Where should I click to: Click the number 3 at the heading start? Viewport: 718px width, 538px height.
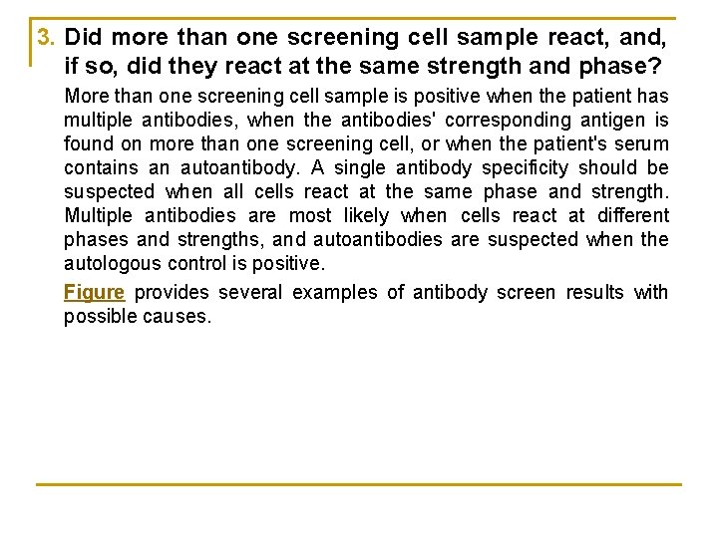43,38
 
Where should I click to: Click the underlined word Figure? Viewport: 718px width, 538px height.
94,292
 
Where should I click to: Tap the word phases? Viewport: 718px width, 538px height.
96,239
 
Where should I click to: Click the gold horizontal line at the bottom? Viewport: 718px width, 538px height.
359,484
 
